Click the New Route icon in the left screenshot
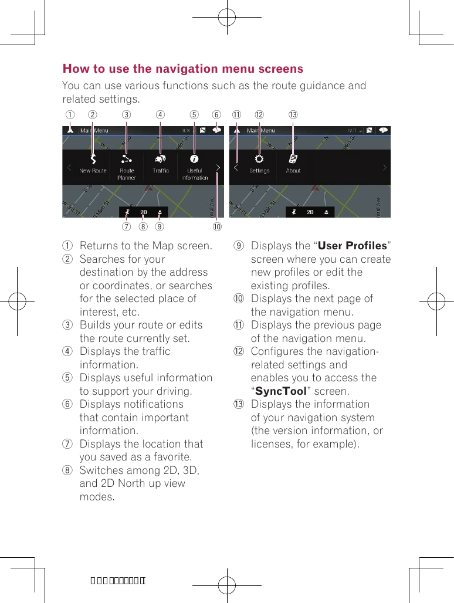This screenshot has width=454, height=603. (93, 159)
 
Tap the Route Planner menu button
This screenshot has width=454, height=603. (127, 159)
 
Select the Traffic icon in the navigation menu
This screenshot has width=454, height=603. (160, 159)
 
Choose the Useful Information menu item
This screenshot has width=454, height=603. (194, 159)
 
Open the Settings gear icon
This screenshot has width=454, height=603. (259, 159)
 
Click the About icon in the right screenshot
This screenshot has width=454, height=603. (293, 159)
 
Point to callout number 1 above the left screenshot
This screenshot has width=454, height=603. (69, 115)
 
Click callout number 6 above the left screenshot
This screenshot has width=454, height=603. (216, 115)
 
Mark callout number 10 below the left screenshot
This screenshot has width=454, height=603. (217, 226)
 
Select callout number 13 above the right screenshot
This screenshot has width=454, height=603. (293, 115)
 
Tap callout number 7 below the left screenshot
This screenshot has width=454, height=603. (126, 226)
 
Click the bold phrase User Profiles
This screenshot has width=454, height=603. (352, 246)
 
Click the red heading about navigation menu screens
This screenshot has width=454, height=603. (183, 69)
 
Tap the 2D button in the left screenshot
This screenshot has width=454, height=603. (143, 212)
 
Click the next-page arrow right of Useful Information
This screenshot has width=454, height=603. (218, 168)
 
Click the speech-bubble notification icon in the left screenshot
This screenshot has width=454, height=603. (217, 130)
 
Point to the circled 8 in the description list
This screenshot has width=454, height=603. (68, 470)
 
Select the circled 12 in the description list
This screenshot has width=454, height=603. (239, 351)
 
